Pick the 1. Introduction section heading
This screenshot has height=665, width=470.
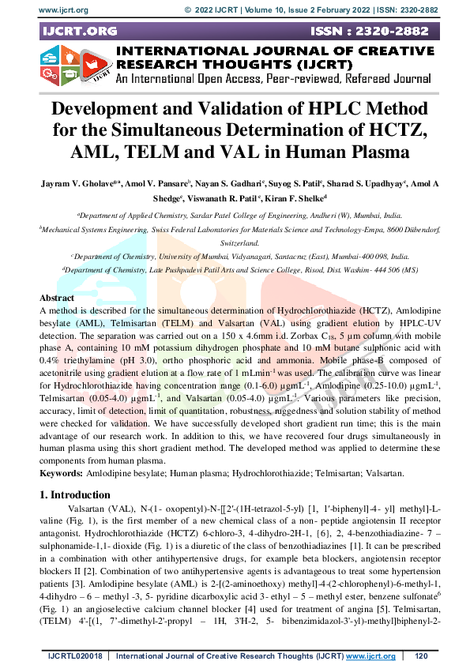pos(76,494)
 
